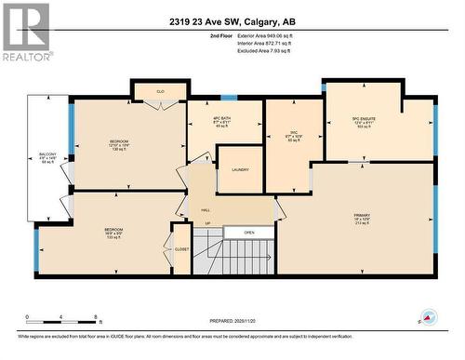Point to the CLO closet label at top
click(160, 91)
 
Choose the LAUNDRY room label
click(239, 169)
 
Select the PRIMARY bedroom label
click(362, 220)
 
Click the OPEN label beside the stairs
click(250, 233)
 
